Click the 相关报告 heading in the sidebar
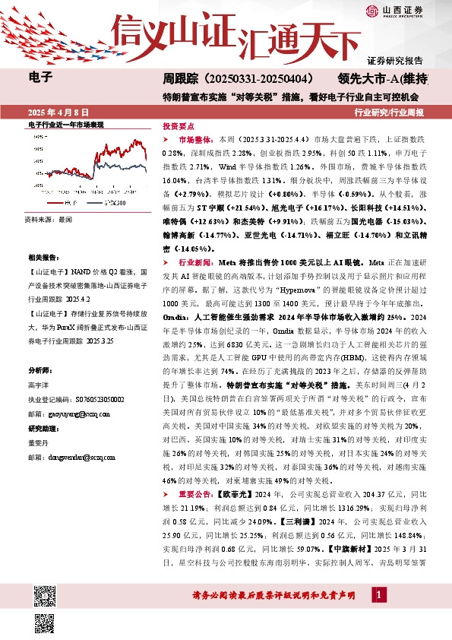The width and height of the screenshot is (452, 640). coord(40,258)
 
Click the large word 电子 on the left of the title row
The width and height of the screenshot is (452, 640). coord(40,77)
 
